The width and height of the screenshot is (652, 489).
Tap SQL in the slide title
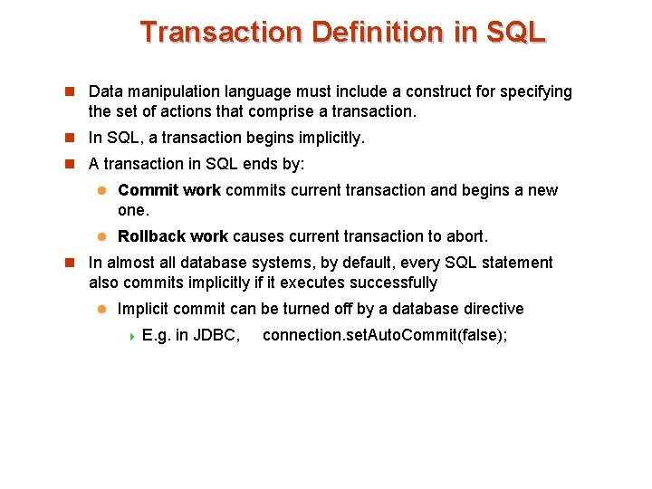515,33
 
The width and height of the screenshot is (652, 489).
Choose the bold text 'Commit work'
169,190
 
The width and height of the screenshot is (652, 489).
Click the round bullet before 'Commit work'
102,190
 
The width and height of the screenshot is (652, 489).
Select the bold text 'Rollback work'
173,236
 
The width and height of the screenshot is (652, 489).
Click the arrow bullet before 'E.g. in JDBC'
130,336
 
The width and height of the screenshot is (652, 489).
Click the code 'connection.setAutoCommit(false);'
385,336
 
